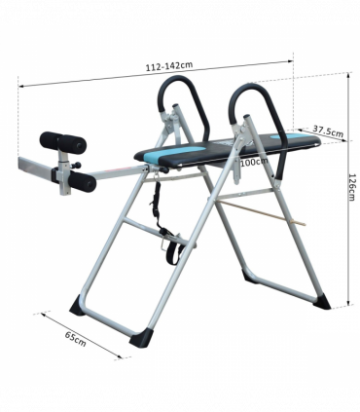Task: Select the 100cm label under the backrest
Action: pyautogui.click(x=254, y=162)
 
